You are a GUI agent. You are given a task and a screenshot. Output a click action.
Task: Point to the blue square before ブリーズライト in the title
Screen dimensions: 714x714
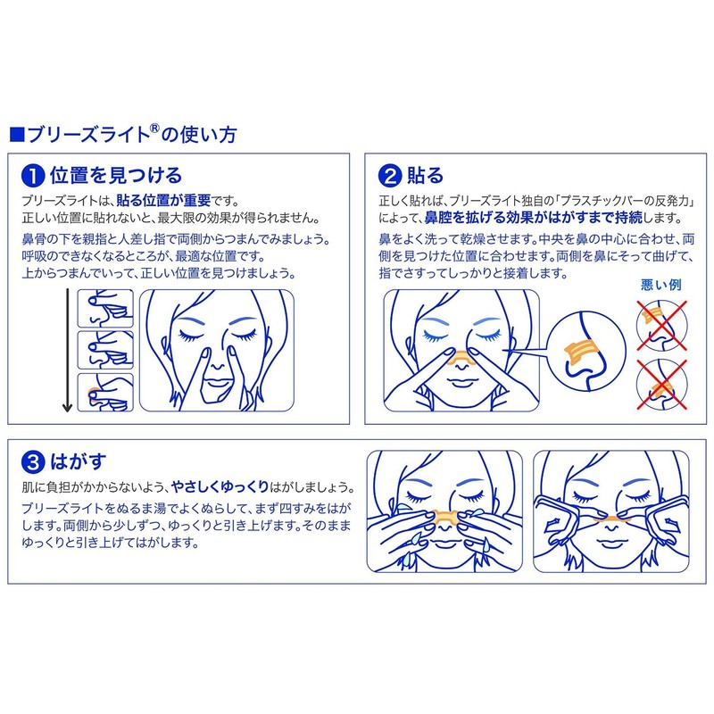point(15,136)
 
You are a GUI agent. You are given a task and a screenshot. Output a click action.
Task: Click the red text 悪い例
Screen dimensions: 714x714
point(660,285)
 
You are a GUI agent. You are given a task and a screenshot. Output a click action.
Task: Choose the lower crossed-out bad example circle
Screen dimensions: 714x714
point(660,383)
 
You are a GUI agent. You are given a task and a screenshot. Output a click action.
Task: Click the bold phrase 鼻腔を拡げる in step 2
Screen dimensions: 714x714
point(464,218)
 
